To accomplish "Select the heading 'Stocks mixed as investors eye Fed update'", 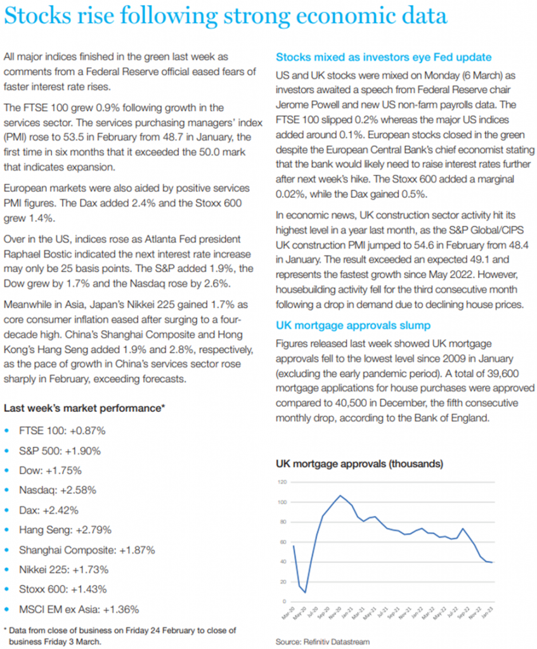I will pyautogui.click(x=384, y=57).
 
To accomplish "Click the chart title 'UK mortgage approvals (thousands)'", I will pyautogui.click(x=359, y=464).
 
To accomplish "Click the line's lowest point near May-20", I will pyautogui.click(x=306, y=593).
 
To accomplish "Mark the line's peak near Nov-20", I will pyautogui.click(x=340, y=496).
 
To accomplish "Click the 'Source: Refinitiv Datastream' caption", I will pyautogui.click(x=323, y=641).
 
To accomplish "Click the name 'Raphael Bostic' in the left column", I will pyautogui.click(x=36, y=252).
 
